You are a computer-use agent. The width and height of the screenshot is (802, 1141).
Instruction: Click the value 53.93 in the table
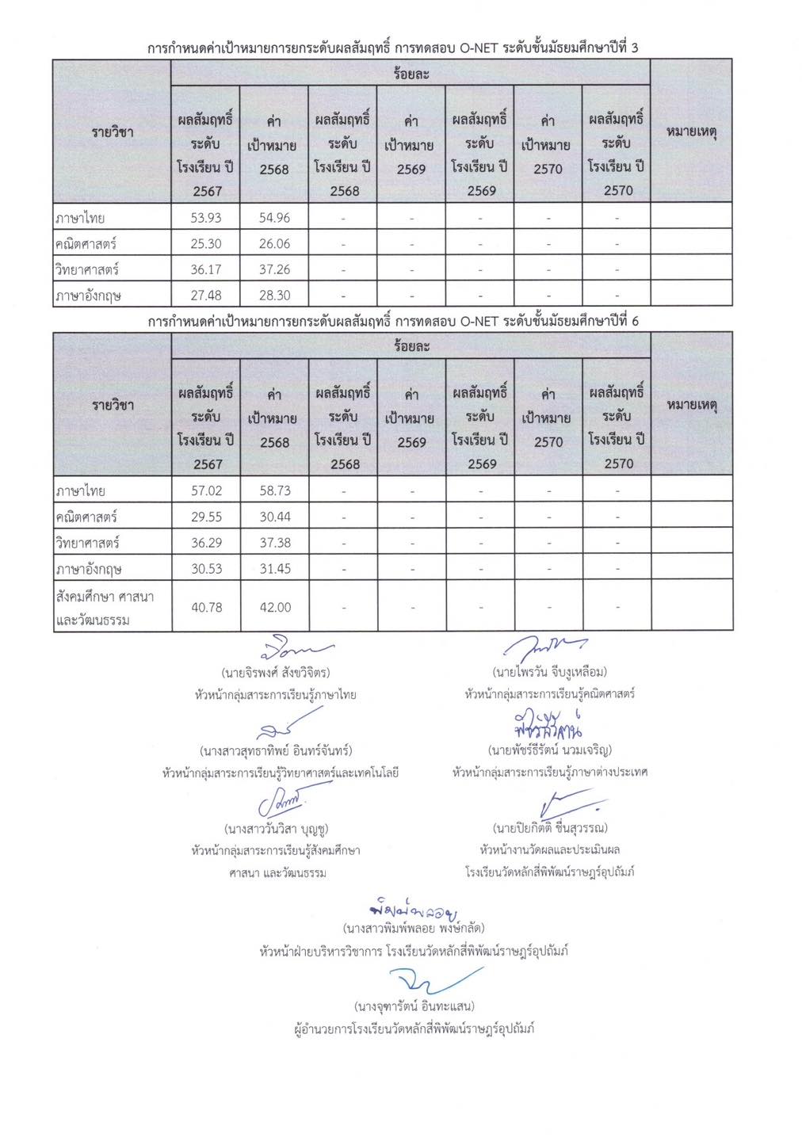coord(206,218)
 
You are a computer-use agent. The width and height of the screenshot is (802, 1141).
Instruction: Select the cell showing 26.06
coord(274,244)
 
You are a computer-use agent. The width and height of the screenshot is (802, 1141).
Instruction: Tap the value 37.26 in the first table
coord(274,269)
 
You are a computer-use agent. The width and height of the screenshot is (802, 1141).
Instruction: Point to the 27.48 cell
coord(206,296)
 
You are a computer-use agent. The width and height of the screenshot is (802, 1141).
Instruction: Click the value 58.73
coord(275,490)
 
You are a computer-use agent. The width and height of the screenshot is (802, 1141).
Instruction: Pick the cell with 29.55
coord(207,517)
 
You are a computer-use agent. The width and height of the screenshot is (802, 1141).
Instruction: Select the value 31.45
coord(275,569)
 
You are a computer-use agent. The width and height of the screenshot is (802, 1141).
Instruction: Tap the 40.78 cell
coord(207,607)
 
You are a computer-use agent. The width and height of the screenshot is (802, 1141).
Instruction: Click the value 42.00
coord(275,607)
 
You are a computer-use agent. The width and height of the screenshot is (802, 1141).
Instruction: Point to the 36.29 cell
coord(207,543)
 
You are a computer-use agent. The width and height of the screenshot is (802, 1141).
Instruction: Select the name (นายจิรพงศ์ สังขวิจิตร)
coord(276,673)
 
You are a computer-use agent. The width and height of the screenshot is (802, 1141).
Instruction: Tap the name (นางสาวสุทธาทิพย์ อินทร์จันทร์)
coord(276,750)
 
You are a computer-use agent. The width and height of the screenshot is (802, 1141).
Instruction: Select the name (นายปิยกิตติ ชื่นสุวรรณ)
coord(550,828)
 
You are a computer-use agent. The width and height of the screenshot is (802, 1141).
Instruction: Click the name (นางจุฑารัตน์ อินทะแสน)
coord(414,1006)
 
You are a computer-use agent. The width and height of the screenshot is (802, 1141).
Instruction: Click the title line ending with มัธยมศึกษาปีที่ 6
coord(393,322)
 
